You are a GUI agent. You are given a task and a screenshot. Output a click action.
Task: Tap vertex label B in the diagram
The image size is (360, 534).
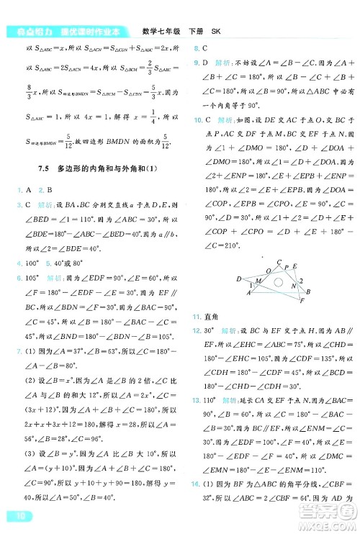tap(308, 291)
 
